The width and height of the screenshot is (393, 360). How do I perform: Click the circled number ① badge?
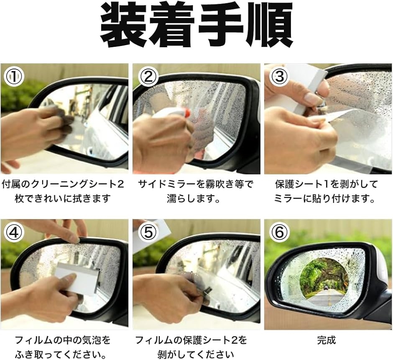[14, 76]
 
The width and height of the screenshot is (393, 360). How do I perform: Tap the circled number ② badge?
[148, 76]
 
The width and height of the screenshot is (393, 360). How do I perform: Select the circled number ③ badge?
[279, 76]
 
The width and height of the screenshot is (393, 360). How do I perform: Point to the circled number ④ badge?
[14, 232]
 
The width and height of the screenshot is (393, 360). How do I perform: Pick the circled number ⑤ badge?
[148, 232]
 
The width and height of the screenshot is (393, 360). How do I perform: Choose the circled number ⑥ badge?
[279, 232]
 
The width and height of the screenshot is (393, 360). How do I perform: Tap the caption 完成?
[326, 340]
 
